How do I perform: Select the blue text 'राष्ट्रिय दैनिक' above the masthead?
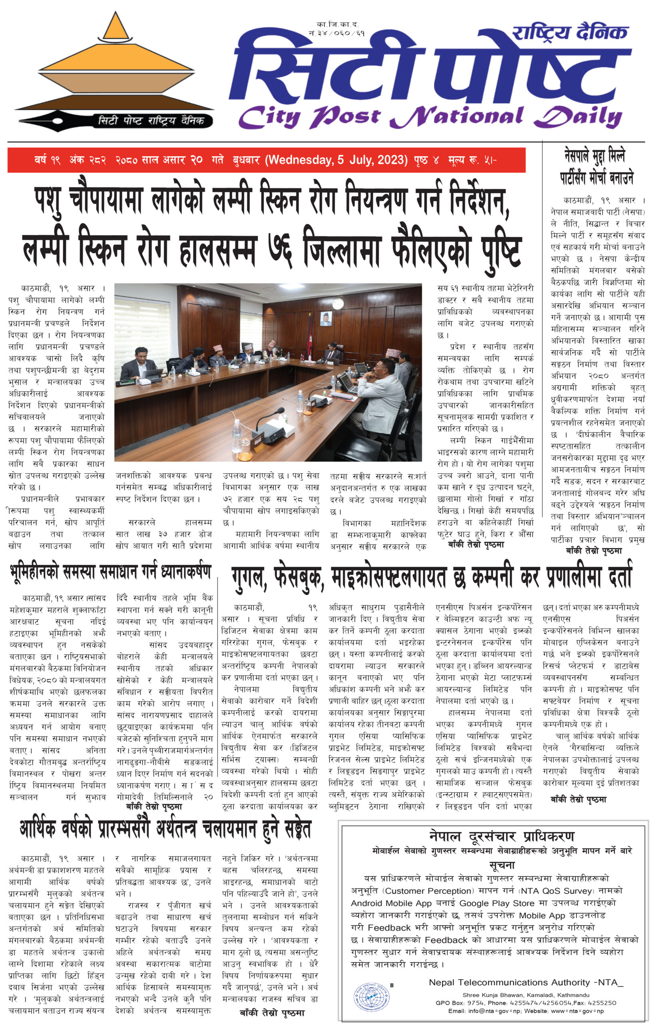[x=570, y=32]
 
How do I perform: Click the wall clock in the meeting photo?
[x=338, y=304]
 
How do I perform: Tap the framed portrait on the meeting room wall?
[x=326, y=318]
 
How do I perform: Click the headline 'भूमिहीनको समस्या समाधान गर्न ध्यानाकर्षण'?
[x=111, y=572]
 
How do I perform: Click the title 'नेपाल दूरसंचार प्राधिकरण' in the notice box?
[x=502, y=836]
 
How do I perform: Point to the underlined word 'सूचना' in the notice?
[x=502, y=865]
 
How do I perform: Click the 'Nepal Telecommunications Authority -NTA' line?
[x=526, y=982]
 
